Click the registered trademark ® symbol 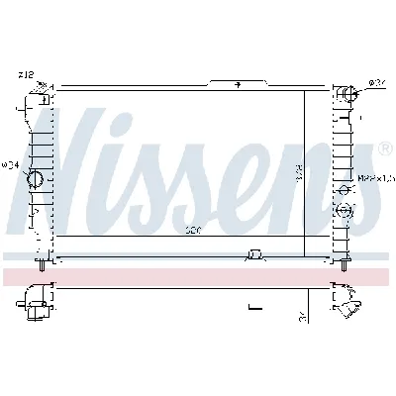click(x=384, y=149)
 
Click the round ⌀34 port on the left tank click(x=33, y=179)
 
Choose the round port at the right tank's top click(x=346, y=95)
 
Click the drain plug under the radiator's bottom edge click(x=255, y=256)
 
